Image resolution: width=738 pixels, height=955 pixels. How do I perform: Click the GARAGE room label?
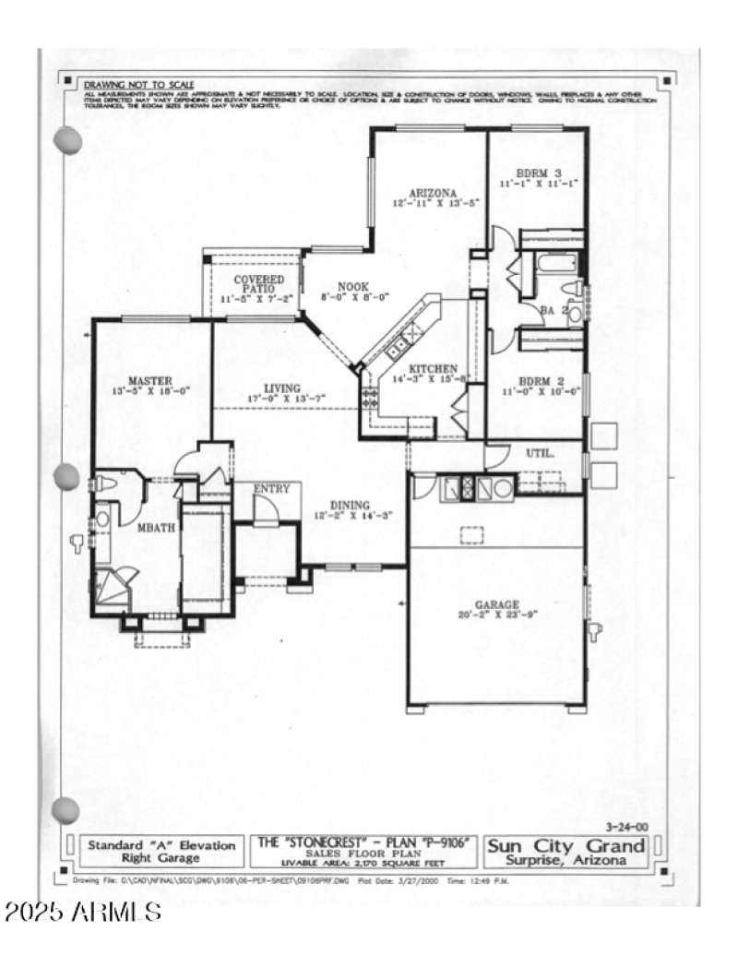(x=497, y=604)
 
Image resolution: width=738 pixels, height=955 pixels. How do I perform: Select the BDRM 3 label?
(x=536, y=173)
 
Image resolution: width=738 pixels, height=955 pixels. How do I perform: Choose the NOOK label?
(x=354, y=287)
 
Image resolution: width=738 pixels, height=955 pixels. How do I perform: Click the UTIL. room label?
(x=540, y=454)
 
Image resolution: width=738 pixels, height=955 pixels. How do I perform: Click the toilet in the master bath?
(x=106, y=483)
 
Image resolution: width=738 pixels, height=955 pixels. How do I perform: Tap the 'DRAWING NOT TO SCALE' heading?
(x=139, y=83)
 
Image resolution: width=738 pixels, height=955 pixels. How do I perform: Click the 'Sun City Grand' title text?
(x=565, y=845)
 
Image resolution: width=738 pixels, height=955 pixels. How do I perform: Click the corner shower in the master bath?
(x=115, y=587)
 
